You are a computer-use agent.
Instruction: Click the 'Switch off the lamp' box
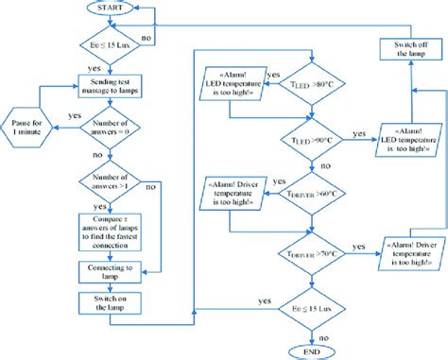click(x=408, y=49)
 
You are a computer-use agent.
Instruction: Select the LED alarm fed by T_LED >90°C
click(x=407, y=140)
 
